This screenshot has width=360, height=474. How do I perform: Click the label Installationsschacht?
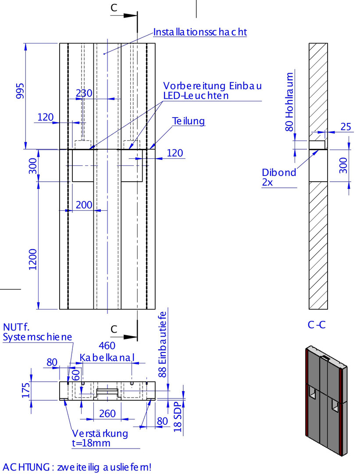(200, 32)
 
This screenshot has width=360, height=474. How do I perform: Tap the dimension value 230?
(84, 93)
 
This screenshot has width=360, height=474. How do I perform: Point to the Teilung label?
(189, 121)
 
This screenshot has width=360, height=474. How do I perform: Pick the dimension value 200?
(84, 205)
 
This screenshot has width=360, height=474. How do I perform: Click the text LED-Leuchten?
(196, 95)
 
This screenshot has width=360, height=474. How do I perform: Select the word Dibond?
(279, 172)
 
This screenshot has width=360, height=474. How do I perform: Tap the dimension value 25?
(346, 127)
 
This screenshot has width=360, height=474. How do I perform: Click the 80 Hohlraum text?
(289, 102)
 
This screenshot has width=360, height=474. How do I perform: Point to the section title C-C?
(317, 325)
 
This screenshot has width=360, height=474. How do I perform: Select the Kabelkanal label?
(107, 358)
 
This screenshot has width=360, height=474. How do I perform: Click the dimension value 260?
(107, 413)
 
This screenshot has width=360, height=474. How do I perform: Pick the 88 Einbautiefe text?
(163, 345)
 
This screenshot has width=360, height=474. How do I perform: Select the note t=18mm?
(91, 443)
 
